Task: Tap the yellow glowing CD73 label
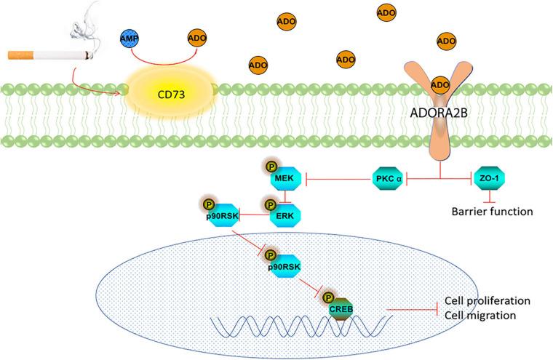coord(170,94)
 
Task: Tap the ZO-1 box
coord(489,178)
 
